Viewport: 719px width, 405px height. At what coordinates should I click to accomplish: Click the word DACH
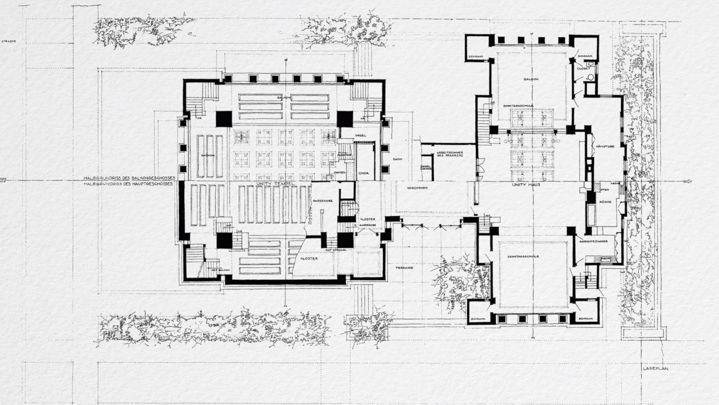point(397,159)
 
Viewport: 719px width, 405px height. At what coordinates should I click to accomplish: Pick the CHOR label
point(362,173)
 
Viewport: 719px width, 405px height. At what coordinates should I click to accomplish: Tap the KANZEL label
point(339,173)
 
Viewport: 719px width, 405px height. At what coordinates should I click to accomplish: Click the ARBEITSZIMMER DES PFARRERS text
point(450,154)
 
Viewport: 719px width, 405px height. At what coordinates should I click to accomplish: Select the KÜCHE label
point(606,202)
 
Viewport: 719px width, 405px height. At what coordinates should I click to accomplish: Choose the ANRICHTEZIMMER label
point(595,241)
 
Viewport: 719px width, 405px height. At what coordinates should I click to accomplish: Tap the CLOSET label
point(583,69)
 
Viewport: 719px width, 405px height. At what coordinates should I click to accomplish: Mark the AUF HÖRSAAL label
point(333,250)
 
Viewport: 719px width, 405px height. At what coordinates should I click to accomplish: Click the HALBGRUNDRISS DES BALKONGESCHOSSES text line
point(129,178)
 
